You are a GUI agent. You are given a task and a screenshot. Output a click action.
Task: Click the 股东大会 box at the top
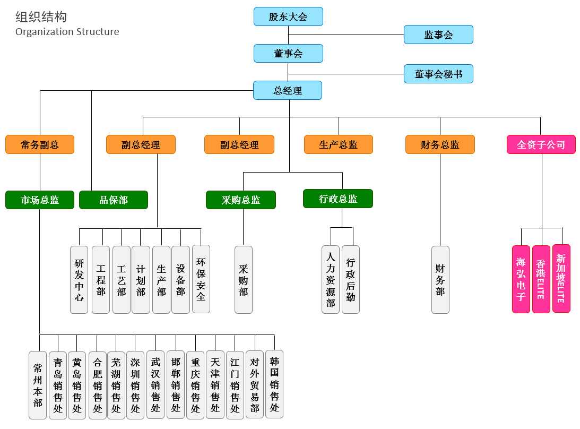(288, 16)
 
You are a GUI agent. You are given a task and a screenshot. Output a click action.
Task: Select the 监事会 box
(438, 35)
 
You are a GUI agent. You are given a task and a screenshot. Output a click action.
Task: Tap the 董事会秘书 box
(438, 74)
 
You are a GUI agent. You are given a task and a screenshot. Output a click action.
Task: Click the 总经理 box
(288, 90)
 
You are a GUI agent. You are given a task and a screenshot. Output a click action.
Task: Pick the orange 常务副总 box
(40, 144)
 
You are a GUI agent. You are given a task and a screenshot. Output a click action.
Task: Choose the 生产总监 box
(339, 144)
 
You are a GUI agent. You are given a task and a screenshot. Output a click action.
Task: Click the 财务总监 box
(440, 144)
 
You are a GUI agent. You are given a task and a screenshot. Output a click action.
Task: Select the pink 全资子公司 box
(541, 144)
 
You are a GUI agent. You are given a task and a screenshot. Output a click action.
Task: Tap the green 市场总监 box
(40, 200)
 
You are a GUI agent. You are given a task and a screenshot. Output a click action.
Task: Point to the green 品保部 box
(114, 200)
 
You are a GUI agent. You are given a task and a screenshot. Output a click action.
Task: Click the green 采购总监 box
(241, 200)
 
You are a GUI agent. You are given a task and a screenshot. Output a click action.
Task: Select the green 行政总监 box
(338, 199)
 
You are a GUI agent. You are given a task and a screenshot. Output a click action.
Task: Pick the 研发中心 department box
(79, 279)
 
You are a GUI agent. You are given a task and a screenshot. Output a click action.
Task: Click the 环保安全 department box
(201, 279)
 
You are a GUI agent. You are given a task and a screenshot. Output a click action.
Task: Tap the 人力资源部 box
(331, 279)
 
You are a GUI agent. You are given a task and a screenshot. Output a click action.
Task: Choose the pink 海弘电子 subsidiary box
(521, 279)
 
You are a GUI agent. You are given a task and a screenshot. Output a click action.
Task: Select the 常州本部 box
(38, 385)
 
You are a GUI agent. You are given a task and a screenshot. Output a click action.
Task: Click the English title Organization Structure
(67, 32)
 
